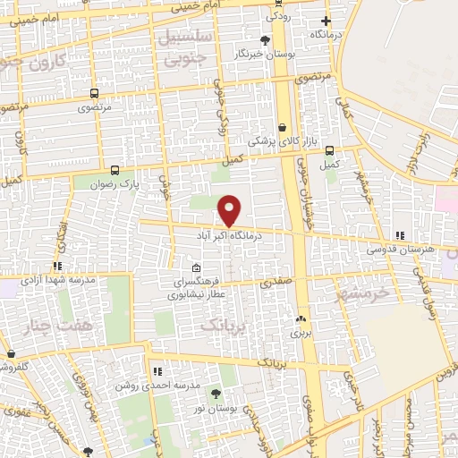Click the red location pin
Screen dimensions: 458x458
(x=230, y=210)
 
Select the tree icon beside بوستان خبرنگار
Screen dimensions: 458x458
(x=264, y=40)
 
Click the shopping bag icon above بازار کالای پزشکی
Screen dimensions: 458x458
(x=283, y=127)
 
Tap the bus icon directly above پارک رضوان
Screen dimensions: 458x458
(x=114, y=169)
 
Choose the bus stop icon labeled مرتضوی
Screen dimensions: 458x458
(x=94, y=93)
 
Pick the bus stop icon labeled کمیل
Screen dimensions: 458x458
(x=330, y=150)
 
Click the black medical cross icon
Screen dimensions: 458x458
(x=327, y=21)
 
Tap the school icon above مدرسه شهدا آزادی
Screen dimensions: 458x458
(x=56, y=266)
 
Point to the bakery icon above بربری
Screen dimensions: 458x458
(x=299, y=318)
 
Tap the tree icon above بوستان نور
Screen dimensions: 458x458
(x=216, y=393)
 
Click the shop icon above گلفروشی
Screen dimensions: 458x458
(x=12, y=354)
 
